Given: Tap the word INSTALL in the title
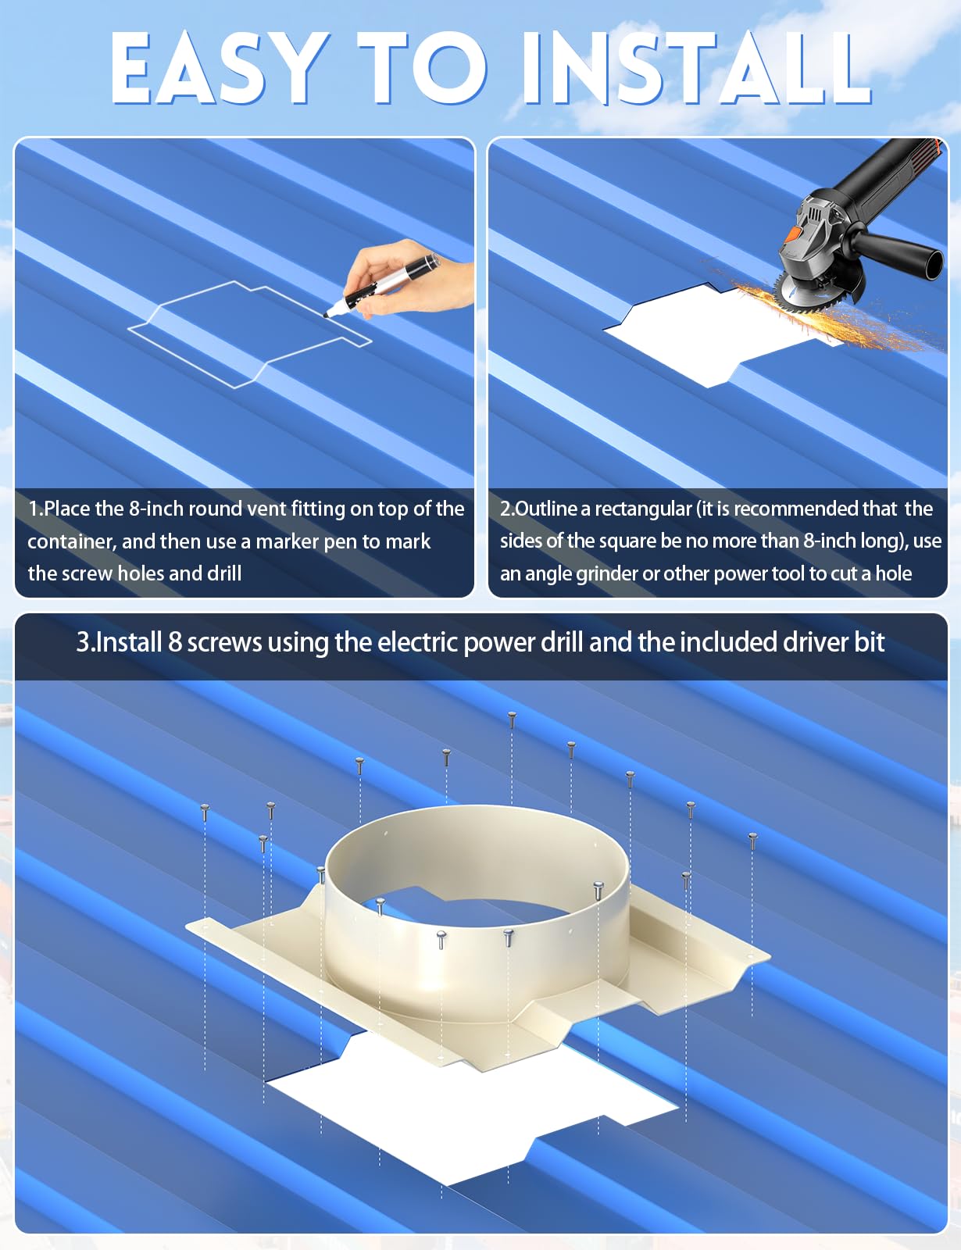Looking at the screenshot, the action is (696, 69).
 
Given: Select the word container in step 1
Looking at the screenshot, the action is (72, 542).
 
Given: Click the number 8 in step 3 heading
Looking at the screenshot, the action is (175, 642).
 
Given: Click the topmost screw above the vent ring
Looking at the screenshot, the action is (512, 720).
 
